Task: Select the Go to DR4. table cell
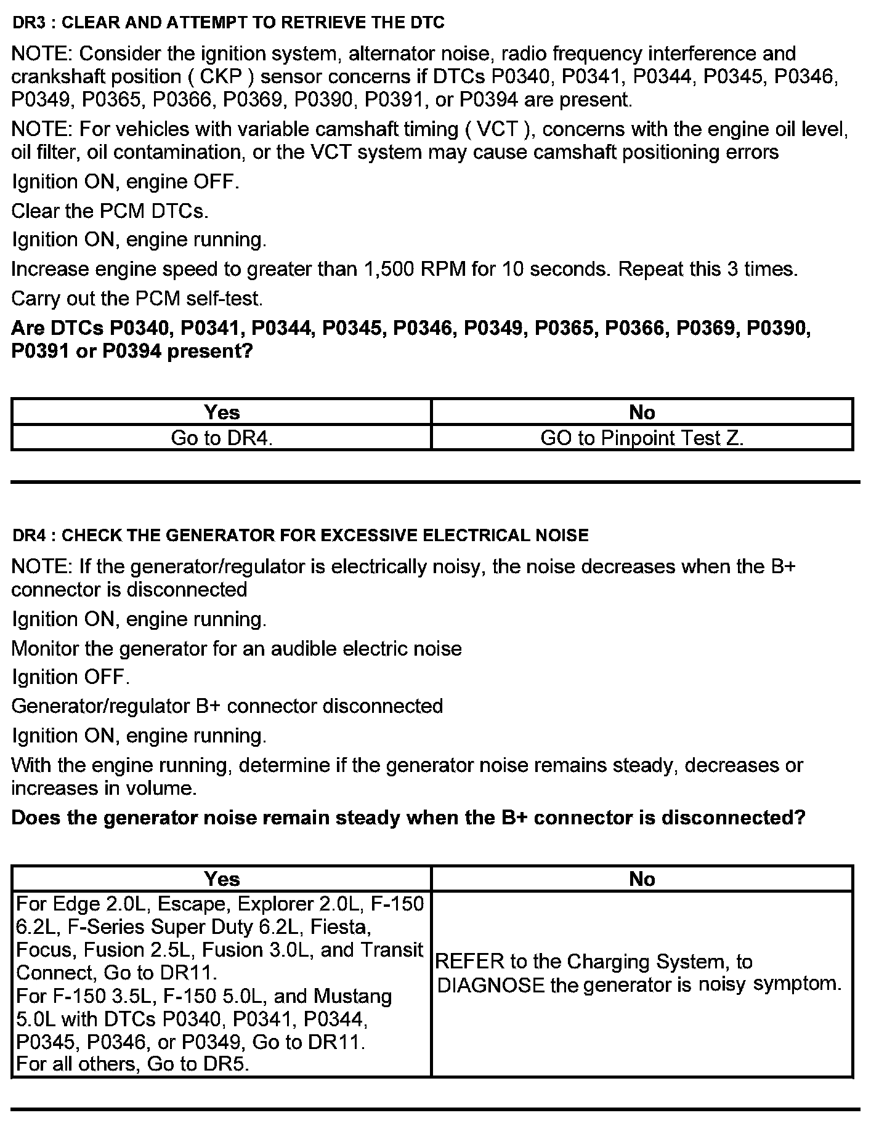pos(222,438)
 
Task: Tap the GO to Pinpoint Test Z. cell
pos(642,438)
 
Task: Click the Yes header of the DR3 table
pos(222,412)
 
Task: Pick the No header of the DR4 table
pos(642,879)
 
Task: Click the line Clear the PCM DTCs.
pos(110,211)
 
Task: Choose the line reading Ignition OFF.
pos(71,677)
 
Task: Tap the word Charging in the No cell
pos(607,962)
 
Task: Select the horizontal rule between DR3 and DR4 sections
pos(435,482)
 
